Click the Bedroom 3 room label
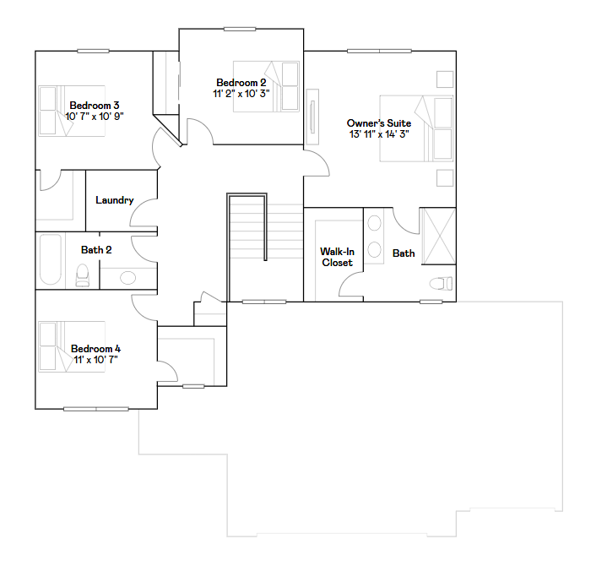(95, 106)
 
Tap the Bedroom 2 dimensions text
(241, 94)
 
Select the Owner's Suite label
(379, 123)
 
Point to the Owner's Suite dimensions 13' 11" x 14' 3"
(379, 134)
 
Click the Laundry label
(114, 200)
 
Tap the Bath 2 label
(96, 250)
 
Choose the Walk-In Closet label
(336, 257)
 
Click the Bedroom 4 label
(95, 349)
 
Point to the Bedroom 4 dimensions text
(95, 360)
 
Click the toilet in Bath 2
(83, 275)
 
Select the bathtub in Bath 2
(51, 260)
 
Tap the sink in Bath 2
(128, 277)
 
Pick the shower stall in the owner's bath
(437, 236)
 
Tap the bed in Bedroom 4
(71, 346)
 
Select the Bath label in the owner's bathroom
(404, 253)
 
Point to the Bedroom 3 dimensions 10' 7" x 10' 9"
(95, 117)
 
